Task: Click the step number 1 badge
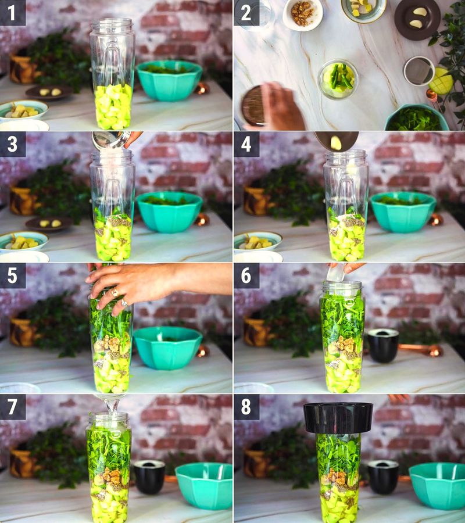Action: [13, 13]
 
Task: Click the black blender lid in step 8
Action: [338, 417]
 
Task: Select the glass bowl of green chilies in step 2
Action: [338, 78]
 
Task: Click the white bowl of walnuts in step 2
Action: [303, 14]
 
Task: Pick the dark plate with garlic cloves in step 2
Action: [418, 18]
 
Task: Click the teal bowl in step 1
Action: [169, 80]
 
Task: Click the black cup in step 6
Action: [382, 345]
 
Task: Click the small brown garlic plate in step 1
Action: [49, 92]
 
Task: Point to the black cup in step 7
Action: [149, 477]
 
